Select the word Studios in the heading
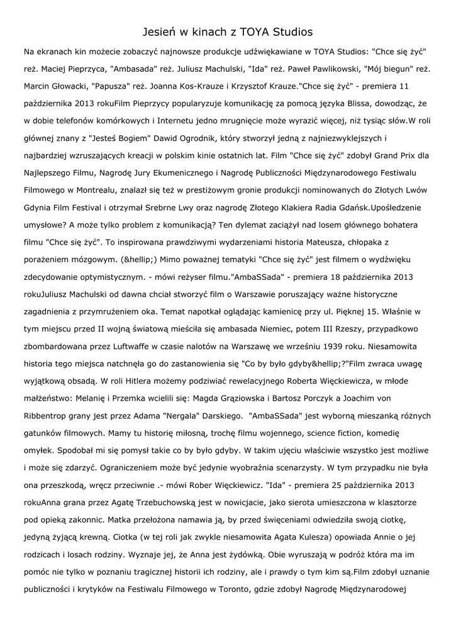(291, 31)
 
